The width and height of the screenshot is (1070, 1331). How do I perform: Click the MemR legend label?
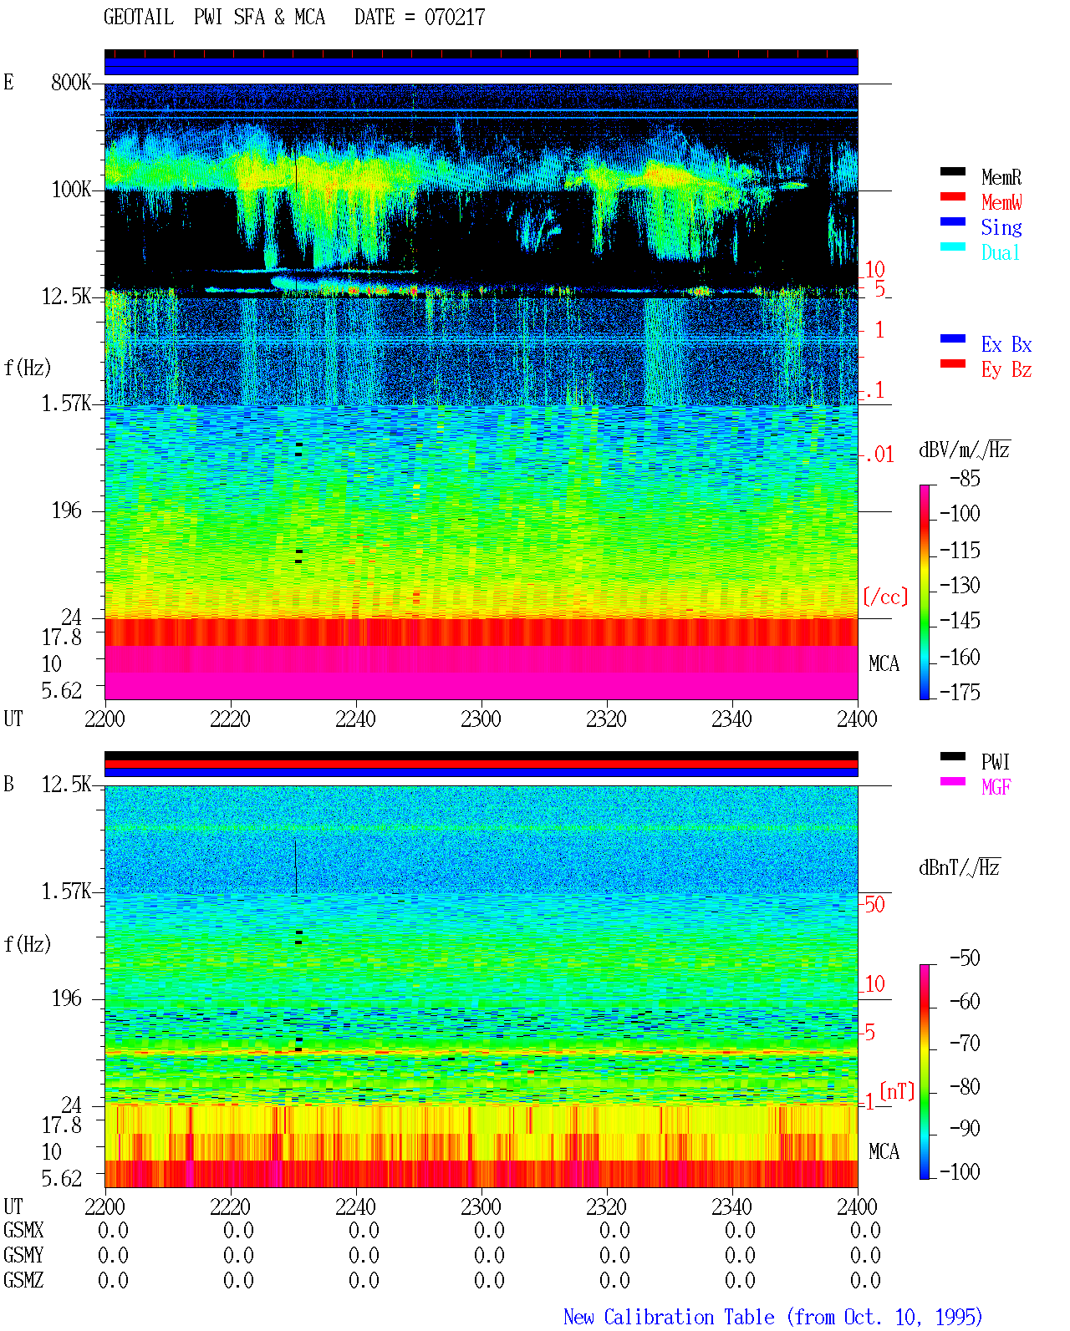tap(1001, 177)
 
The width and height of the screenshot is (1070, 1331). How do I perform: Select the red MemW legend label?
tap(1001, 202)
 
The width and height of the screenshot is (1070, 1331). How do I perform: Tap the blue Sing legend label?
tap(1001, 227)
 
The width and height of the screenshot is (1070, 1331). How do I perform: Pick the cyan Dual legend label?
tap(1000, 252)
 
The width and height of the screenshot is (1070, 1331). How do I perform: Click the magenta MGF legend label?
tap(996, 787)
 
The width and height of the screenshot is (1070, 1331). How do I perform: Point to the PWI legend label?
tap(995, 762)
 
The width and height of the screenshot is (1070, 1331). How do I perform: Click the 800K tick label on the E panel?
tap(71, 82)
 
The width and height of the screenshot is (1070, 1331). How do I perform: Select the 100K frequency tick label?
tap(71, 190)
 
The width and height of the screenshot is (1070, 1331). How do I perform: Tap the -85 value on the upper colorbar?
tap(965, 478)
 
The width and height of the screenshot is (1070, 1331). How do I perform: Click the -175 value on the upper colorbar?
tap(960, 692)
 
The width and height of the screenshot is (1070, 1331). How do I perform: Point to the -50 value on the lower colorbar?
tap(965, 958)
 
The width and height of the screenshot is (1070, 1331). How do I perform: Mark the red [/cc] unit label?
tap(885, 597)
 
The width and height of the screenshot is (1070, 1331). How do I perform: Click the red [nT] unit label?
tap(897, 1091)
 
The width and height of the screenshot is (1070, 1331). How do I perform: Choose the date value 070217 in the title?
tap(454, 18)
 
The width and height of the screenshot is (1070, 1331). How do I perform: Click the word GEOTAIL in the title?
tap(139, 17)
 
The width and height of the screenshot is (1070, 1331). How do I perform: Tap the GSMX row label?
tap(23, 1230)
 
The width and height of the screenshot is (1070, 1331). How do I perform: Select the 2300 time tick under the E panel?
tap(481, 719)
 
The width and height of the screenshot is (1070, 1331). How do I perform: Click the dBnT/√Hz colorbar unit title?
tap(959, 867)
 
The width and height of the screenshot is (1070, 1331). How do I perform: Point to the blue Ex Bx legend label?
tap(1006, 344)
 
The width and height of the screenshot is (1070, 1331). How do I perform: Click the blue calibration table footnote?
tap(772, 1317)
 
